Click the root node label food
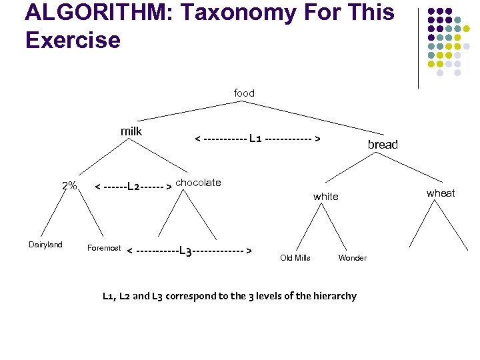[244, 93]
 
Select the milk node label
[131, 131]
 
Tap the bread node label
[383, 145]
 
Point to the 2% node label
[69, 185]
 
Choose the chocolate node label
[199, 183]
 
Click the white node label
[326, 197]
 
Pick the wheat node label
[441, 193]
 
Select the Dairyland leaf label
[45, 245]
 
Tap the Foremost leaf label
[104, 248]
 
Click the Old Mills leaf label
[295, 258]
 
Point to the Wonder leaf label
[353, 258]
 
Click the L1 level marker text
[255, 139]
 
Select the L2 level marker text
[133, 186]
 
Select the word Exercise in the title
[73, 40]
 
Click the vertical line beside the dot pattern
[418, 47]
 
